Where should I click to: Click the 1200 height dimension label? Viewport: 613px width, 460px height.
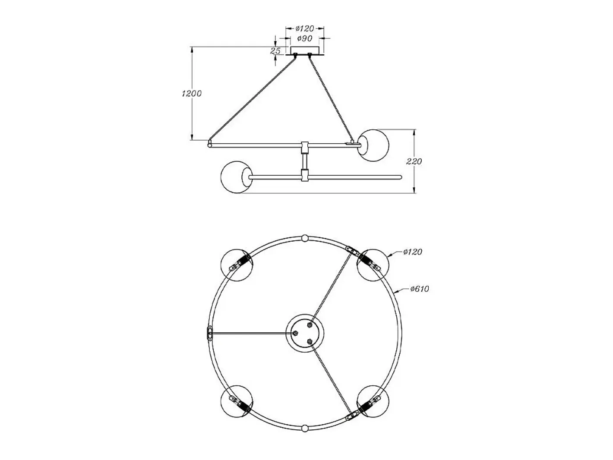[192, 94]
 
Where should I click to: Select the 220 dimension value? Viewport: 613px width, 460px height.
[414, 161]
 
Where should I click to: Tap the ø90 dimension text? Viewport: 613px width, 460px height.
[305, 38]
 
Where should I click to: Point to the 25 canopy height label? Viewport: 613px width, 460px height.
[275, 51]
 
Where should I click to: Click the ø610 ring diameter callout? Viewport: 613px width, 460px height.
[420, 289]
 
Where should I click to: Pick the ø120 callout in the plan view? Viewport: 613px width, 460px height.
[413, 252]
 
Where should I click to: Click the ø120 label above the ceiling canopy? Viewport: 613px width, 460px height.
[305, 28]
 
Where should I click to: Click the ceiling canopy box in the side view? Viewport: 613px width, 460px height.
[305, 50]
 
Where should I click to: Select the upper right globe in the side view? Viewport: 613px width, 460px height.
[373, 145]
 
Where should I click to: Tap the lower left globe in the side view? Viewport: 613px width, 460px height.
[236, 177]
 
